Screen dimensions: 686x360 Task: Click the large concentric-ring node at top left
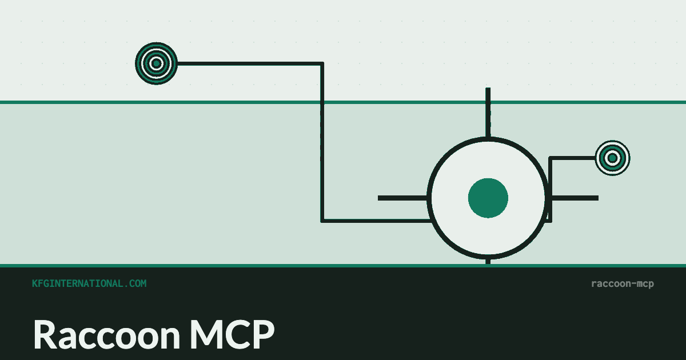pos(156,63)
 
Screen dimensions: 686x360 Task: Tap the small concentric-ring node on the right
pos(612,158)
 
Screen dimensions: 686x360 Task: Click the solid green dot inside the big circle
pos(488,198)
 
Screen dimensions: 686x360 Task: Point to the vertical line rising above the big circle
pos(488,113)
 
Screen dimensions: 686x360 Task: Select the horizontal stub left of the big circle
pos(402,198)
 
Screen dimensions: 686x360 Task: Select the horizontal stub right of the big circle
pos(573,198)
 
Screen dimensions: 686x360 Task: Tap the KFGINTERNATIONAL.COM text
pos(89,283)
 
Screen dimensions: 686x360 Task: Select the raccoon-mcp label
pos(623,284)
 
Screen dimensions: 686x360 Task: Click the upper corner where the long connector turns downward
pos(322,63)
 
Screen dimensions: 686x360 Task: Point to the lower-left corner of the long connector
pos(322,221)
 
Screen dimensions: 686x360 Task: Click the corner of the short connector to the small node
pos(551,158)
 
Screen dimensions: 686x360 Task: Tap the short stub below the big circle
pos(488,262)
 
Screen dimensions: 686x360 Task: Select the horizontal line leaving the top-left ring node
pos(249,63)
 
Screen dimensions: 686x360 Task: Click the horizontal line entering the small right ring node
pos(573,158)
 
